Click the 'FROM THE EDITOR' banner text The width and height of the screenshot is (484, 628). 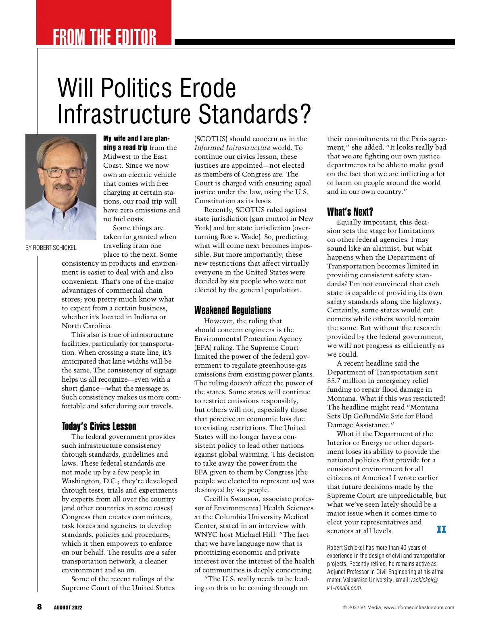(x=104, y=37)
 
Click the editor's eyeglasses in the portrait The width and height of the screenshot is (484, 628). (x=62, y=172)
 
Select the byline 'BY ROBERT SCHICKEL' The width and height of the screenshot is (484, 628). (x=51, y=247)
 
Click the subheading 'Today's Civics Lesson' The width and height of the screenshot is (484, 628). (x=99, y=426)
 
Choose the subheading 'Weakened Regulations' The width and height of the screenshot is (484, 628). (x=233, y=310)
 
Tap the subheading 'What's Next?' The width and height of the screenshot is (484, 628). (x=350, y=212)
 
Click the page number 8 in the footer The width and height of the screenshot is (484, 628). (x=39, y=607)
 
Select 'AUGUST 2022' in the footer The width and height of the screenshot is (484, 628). (x=68, y=607)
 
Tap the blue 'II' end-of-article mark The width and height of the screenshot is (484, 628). (x=442, y=529)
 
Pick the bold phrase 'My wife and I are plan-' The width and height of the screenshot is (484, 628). (x=136, y=139)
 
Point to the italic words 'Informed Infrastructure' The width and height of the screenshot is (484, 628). (x=232, y=148)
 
